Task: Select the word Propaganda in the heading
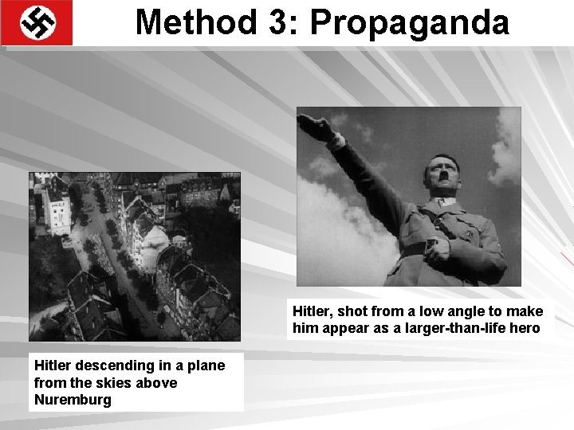click(410, 22)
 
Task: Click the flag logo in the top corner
click(37, 22)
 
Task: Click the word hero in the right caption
click(525, 328)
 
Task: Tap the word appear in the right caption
click(344, 328)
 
